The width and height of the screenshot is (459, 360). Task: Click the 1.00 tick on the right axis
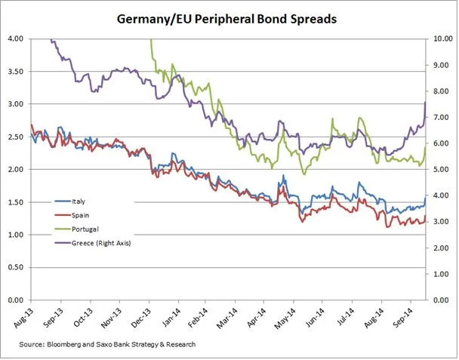coord(441,274)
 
